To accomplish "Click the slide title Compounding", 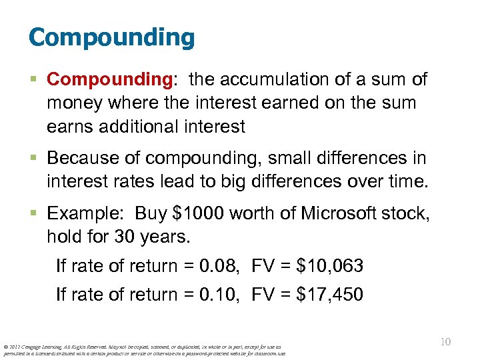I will (111, 37).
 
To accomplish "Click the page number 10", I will (445, 342).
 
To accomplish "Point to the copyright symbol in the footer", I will (6, 347).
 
